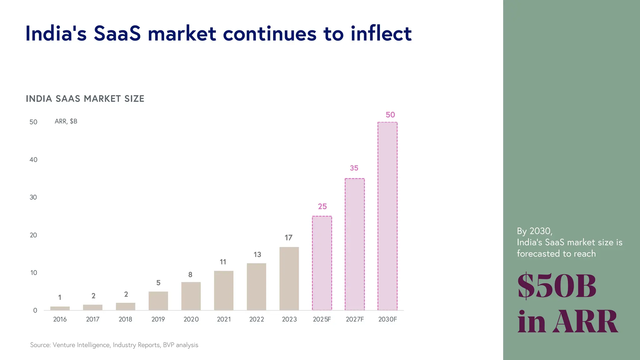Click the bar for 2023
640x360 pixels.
tap(289, 279)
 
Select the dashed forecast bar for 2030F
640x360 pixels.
tap(387, 216)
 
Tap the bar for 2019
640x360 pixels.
tap(158, 301)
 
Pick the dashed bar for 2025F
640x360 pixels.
tap(322, 263)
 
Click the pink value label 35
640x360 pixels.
tap(354, 168)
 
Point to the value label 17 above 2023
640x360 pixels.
tap(288, 238)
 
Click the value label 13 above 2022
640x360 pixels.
tap(257, 255)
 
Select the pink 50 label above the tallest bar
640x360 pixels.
tap(390, 115)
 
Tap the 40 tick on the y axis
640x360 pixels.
tap(33, 160)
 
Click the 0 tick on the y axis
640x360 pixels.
tap(35, 310)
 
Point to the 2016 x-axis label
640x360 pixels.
tap(60, 319)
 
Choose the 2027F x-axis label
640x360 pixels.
tap(355, 319)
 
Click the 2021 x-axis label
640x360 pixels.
tap(224, 319)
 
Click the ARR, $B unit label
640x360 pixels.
tap(66, 121)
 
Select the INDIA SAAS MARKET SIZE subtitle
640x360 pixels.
tap(85, 99)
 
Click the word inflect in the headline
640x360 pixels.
tap(381, 33)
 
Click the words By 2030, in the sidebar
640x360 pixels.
tap(534, 231)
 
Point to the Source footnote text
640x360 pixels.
tap(114, 345)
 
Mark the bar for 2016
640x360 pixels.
tap(60, 308)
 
